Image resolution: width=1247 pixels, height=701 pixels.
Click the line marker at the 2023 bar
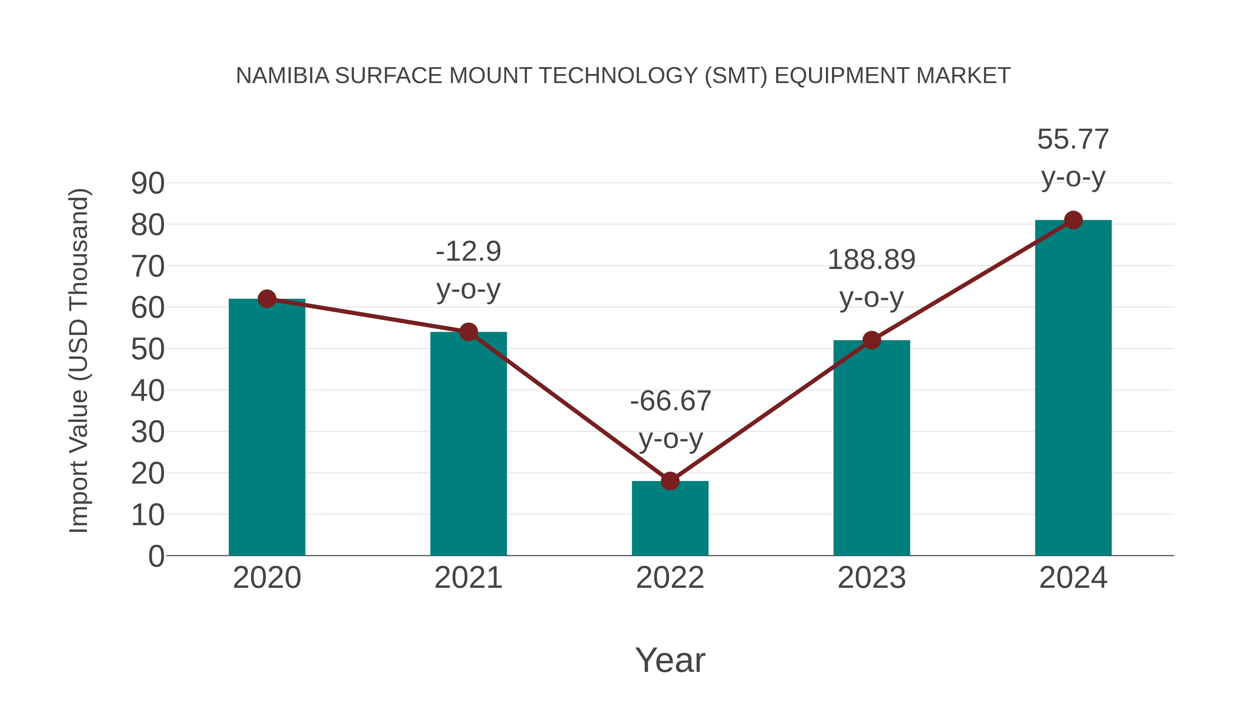[872, 340]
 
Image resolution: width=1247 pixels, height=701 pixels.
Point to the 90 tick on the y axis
[148, 184]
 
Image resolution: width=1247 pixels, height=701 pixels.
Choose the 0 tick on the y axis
[156, 556]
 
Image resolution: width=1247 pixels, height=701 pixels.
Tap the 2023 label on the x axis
[872, 578]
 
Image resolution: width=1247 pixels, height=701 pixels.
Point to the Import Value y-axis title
[78, 360]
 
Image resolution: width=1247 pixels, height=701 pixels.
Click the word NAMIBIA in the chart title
[283, 76]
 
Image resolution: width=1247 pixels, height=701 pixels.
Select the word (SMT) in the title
[736, 76]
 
